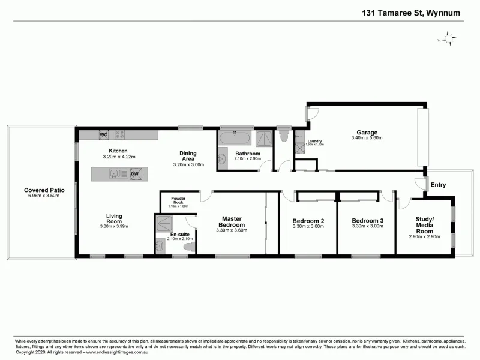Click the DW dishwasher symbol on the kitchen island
(x=135, y=174)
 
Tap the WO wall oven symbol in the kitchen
(x=103, y=134)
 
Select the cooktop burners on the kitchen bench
(x=120, y=134)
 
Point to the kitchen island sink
(x=113, y=174)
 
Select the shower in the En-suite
(x=164, y=224)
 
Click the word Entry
(x=439, y=185)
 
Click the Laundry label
(x=314, y=140)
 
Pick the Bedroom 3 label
(x=367, y=220)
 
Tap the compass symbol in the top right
(x=446, y=39)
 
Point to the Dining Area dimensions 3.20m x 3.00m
(x=188, y=164)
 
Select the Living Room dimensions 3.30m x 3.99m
(x=114, y=226)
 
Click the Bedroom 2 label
(x=308, y=220)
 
